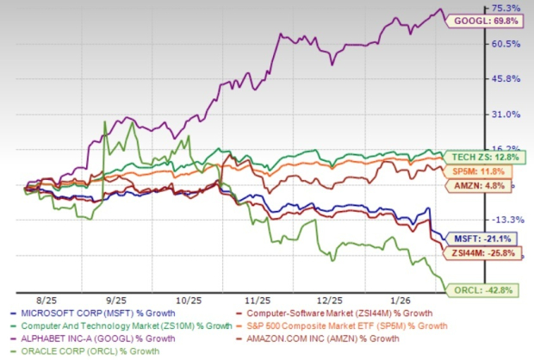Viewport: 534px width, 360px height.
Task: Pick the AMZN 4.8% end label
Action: pyautogui.click(x=474, y=184)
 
